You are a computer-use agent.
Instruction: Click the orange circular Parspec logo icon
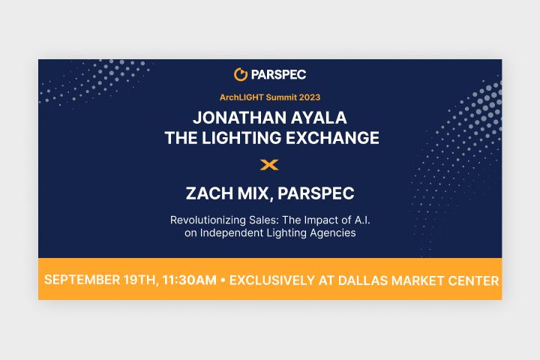[241, 74]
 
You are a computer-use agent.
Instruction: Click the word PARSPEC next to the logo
[278, 75]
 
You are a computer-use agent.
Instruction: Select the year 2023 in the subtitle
[310, 97]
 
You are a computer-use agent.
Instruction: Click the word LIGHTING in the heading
[241, 138]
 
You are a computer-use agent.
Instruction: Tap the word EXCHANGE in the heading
[332, 138]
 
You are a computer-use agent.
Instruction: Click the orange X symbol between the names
[269, 165]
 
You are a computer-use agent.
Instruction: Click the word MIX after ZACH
[254, 193]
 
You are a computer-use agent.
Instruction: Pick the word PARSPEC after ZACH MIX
[316, 193]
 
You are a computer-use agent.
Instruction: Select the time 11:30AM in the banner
[190, 280]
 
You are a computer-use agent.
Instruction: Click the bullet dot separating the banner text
[223, 280]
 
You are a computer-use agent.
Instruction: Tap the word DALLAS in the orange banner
[363, 280]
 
